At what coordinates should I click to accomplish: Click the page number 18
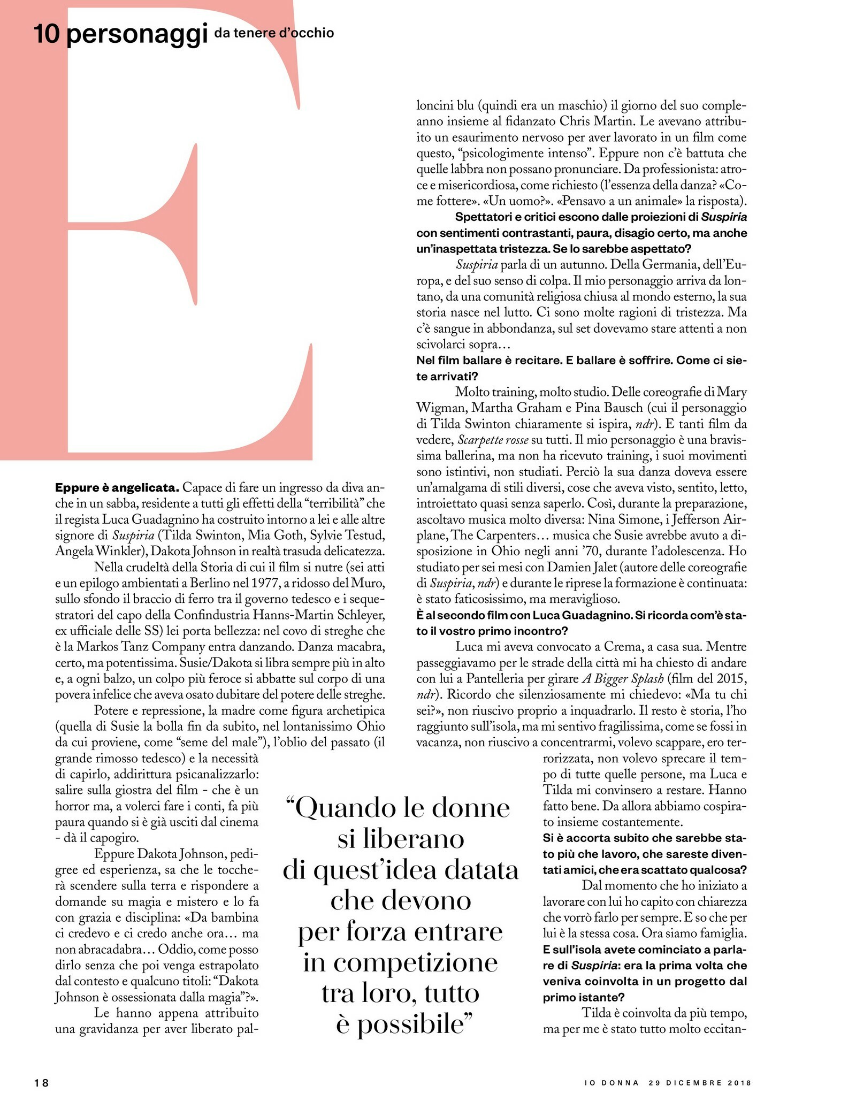(x=41, y=1083)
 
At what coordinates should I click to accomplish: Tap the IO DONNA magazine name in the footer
(x=612, y=1083)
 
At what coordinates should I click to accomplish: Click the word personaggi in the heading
(x=137, y=35)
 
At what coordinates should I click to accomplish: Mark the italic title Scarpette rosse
(x=492, y=440)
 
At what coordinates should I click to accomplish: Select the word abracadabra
(x=109, y=950)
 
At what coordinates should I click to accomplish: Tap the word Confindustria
(x=211, y=615)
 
